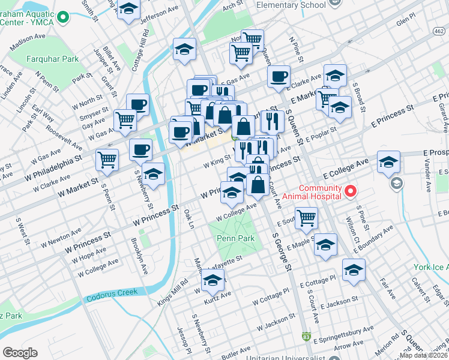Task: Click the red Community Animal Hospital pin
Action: (x=350, y=191)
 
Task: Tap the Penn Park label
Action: (x=235, y=238)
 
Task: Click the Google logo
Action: (x=20, y=353)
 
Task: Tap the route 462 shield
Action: (x=440, y=31)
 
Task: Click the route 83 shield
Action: (x=307, y=338)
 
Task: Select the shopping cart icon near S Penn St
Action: (x=107, y=160)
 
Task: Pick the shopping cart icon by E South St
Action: (x=306, y=218)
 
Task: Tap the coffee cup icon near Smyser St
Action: (x=138, y=104)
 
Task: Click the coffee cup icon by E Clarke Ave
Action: (x=279, y=77)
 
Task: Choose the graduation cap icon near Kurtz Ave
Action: (x=212, y=280)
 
